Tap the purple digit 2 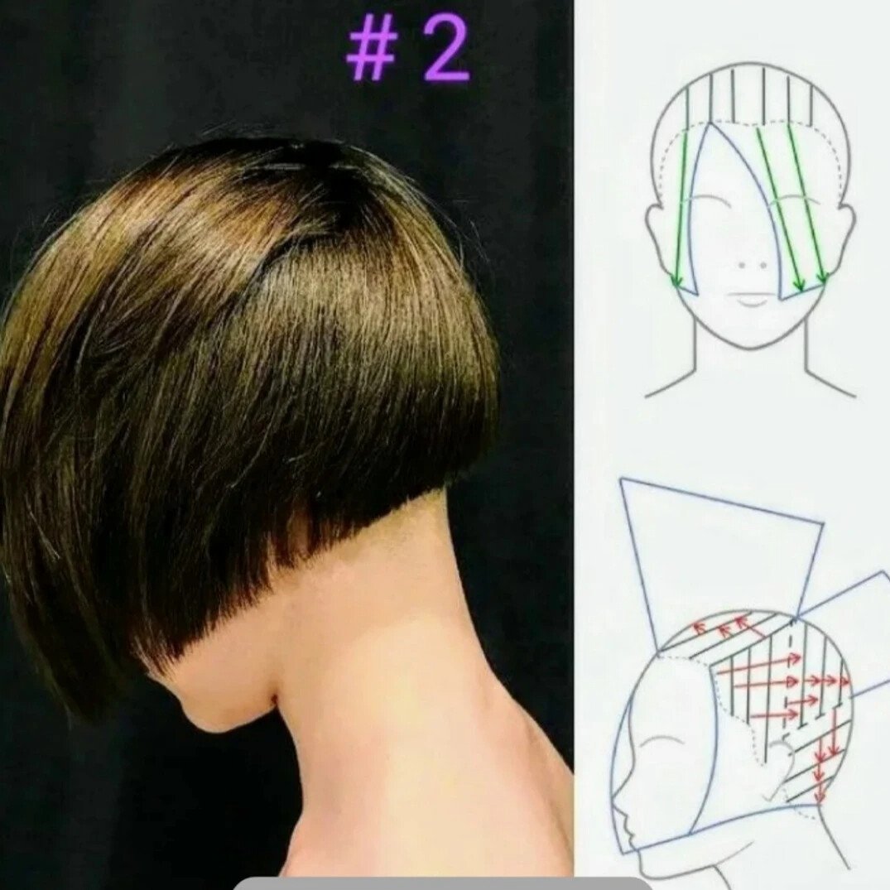(445, 52)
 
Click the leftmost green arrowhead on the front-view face (676, 279)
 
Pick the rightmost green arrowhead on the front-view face (824, 278)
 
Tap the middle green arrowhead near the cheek (801, 283)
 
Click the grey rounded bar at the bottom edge (443, 884)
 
